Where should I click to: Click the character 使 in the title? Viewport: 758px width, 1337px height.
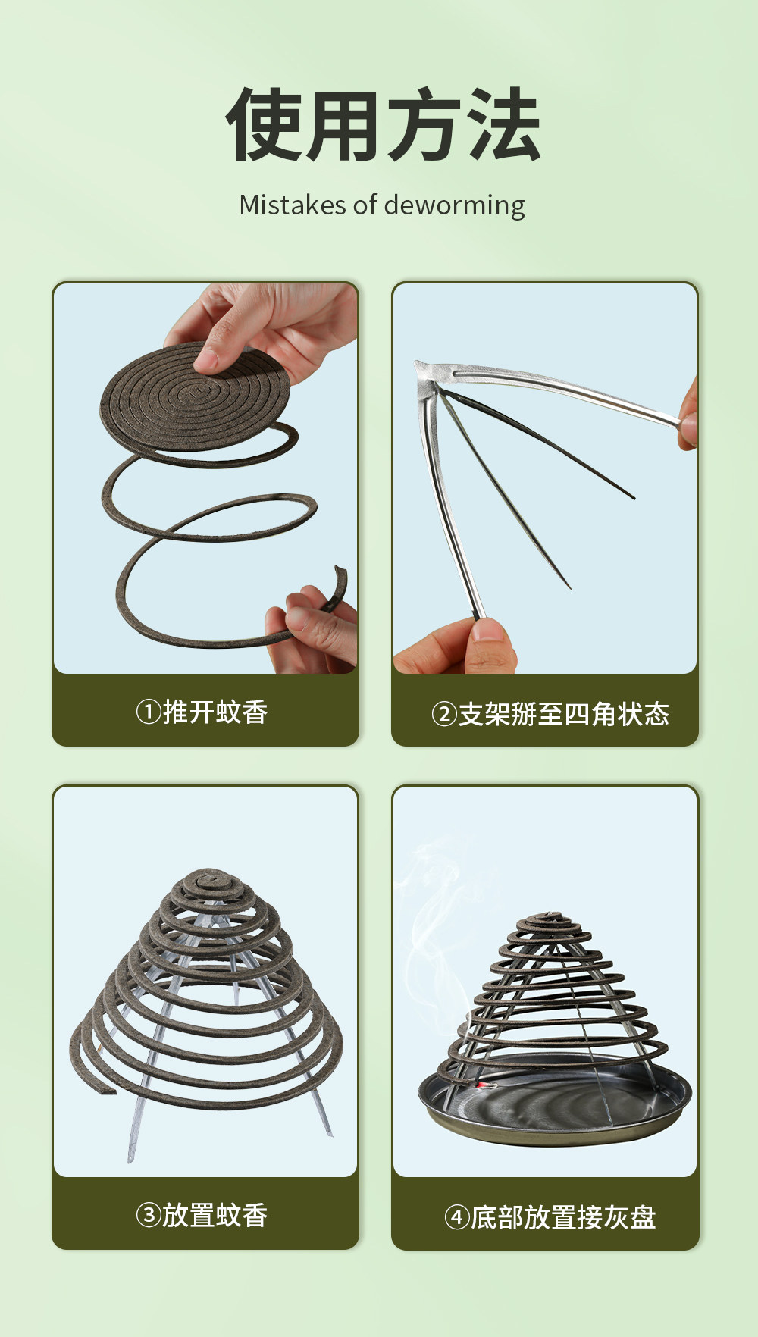pos(264,125)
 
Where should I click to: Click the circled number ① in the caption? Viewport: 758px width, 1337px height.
pos(149,712)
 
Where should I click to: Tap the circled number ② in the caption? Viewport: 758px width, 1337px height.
pos(444,714)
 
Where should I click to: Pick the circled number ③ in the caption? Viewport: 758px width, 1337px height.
pos(149,1216)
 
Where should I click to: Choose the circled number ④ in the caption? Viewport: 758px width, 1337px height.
pos(457,1217)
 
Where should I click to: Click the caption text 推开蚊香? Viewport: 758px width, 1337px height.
pos(215,712)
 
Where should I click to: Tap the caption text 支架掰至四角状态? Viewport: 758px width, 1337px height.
pos(564,714)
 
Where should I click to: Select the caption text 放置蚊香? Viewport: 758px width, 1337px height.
pos(215,1216)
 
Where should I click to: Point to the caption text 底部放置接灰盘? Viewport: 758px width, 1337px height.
pos(563,1217)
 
